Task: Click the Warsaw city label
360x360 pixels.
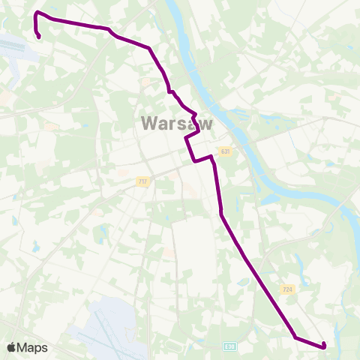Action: (x=175, y=123)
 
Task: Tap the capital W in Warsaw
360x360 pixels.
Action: (x=148, y=123)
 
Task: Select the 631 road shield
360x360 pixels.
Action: (x=225, y=152)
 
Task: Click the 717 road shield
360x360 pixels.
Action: (x=143, y=182)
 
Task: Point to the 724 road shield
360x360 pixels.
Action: (x=287, y=289)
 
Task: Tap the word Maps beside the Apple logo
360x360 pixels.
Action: (x=33, y=348)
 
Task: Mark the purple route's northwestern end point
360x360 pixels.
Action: (x=38, y=36)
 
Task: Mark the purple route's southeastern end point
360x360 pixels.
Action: (x=324, y=344)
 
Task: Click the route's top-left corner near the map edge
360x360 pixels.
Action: (x=36, y=13)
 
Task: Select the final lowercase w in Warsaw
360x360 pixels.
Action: (x=204, y=123)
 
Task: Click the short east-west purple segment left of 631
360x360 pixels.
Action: (x=202, y=159)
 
